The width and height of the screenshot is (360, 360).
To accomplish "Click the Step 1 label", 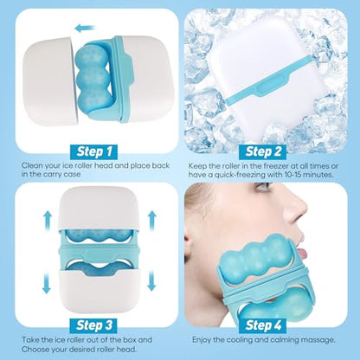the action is (94, 151).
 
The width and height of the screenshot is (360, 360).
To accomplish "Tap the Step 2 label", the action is (263, 151).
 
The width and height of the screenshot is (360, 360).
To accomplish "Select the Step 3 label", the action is (94, 325).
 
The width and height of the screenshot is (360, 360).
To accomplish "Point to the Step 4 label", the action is (263, 325).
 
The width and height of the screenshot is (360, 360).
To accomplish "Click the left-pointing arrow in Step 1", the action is (85, 29).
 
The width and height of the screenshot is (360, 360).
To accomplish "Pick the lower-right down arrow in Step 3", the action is (151, 282).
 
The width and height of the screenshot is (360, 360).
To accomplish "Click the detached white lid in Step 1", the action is (50, 81).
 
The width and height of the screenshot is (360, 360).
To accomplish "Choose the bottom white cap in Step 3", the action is (100, 292).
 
